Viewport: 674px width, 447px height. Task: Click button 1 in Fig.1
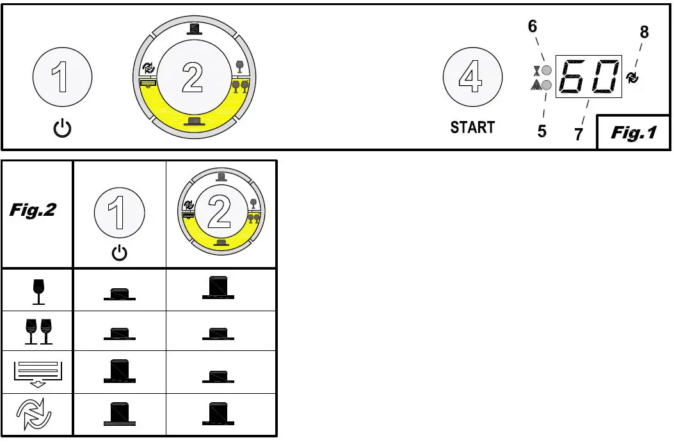click(61, 79)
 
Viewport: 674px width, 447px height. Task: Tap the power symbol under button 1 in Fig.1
click(62, 129)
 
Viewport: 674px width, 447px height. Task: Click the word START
click(472, 127)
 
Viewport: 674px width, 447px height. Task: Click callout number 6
click(532, 27)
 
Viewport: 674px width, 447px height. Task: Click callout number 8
click(644, 32)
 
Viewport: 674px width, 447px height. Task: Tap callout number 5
click(542, 131)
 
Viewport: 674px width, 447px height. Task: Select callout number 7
click(578, 134)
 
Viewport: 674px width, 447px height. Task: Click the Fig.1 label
click(634, 133)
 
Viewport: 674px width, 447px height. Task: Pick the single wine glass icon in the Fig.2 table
click(38, 290)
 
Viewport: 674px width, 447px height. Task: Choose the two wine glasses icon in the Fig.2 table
click(38, 331)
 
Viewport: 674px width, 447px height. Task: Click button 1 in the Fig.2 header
click(118, 214)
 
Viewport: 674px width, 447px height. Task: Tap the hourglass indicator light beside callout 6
click(546, 70)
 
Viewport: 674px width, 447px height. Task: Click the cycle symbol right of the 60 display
click(633, 78)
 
